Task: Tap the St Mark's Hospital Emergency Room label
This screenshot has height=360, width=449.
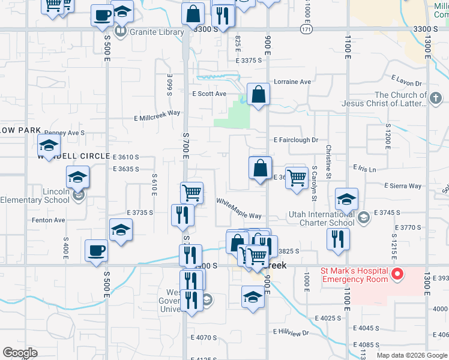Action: [x=355, y=275]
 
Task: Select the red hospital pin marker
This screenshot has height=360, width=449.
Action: [x=396, y=275]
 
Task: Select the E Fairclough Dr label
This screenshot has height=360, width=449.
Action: [x=295, y=140]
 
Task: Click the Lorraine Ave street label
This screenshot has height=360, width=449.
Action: [x=292, y=82]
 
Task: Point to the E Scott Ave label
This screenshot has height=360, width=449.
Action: [x=209, y=94]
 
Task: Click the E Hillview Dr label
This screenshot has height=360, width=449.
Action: [x=291, y=332]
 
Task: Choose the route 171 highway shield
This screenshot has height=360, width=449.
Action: [x=307, y=29]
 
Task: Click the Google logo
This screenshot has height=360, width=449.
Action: [x=20, y=353]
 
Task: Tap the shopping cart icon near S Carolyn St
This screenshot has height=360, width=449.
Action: [x=296, y=178]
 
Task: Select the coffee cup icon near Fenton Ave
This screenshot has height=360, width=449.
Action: [x=96, y=250]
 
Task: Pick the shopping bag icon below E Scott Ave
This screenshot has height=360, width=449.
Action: [x=258, y=94]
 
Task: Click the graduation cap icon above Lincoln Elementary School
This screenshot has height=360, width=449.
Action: [x=77, y=177]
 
